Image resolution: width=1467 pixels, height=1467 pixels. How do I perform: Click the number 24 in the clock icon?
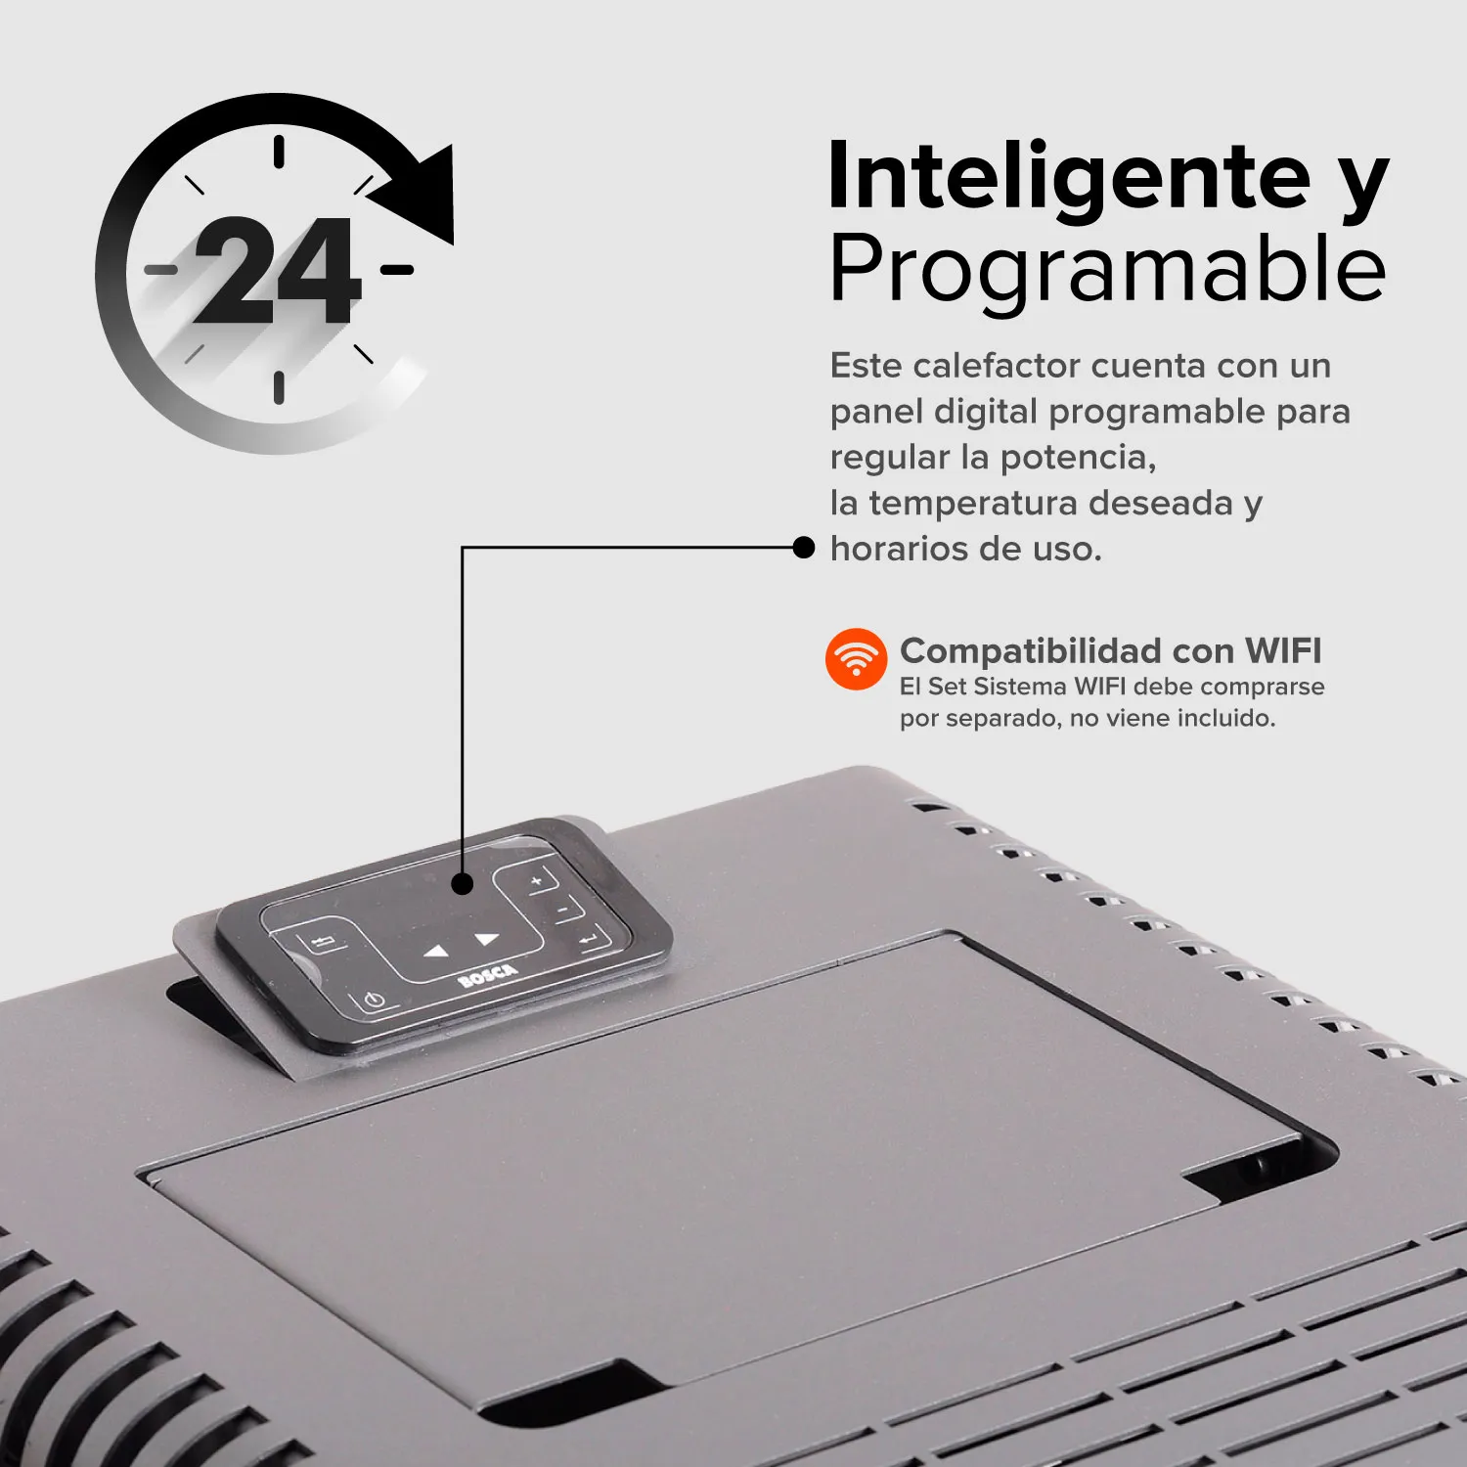(x=278, y=271)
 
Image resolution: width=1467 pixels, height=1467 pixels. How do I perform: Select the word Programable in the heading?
(x=1107, y=268)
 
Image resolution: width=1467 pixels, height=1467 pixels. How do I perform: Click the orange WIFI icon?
(x=856, y=658)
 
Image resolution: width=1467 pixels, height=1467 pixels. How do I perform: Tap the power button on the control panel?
(x=373, y=1001)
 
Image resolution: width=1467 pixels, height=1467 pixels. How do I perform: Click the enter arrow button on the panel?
(x=590, y=940)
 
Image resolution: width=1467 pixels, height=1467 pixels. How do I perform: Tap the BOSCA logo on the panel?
(x=488, y=974)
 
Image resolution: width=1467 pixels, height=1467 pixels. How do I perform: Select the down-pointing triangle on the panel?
(x=487, y=939)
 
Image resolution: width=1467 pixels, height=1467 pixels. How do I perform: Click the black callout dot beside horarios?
(x=803, y=548)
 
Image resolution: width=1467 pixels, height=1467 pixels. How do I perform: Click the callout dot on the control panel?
(x=463, y=884)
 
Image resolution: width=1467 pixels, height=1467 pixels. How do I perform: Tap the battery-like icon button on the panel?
(x=323, y=943)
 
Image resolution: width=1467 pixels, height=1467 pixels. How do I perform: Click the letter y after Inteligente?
(x=1362, y=181)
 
